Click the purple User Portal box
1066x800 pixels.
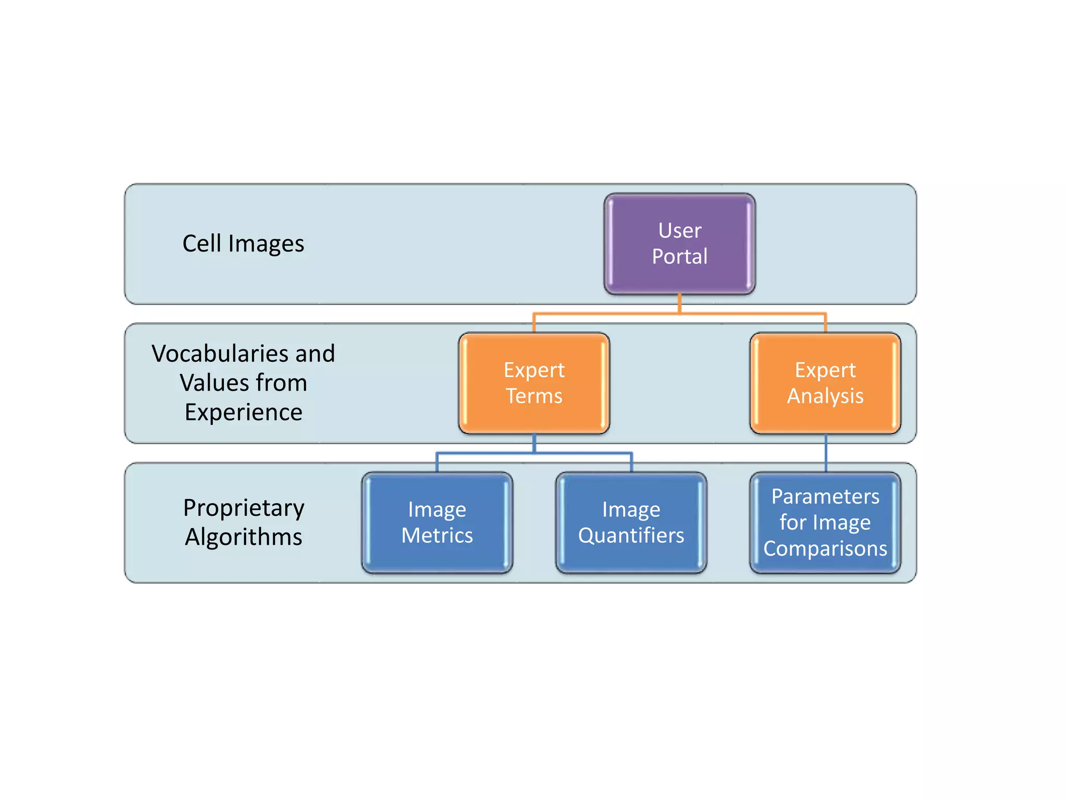(679, 243)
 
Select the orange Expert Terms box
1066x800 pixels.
(534, 383)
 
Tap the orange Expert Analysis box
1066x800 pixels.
(825, 383)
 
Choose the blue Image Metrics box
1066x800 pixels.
(437, 522)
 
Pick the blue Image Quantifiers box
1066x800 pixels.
(631, 522)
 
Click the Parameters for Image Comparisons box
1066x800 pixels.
(825, 522)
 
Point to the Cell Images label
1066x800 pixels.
(243, 244)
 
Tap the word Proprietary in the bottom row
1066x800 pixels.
(244, 508)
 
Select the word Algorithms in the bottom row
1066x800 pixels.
(244, 537)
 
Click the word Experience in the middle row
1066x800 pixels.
(244, 413)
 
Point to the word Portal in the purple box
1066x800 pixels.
(679, 256)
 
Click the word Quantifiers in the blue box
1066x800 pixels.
(631, 535)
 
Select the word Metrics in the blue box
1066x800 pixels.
(437, 535)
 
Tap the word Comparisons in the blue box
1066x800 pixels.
(825, 548)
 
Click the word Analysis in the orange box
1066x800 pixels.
(825, 396)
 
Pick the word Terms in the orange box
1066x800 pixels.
(534, 396)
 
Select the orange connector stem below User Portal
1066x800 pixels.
(679, 304)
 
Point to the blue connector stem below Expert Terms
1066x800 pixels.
(534, 443)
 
